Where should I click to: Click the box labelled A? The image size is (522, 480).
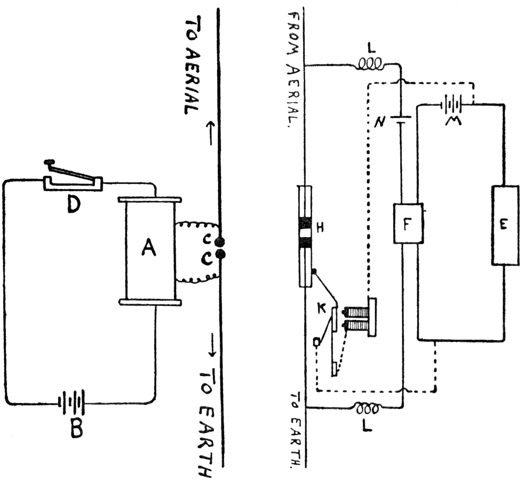coord(149,248)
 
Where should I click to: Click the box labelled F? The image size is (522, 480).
coord(408,224)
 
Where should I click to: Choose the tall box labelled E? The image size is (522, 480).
coord(505,225)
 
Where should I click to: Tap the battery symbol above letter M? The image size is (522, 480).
coord(452,105)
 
